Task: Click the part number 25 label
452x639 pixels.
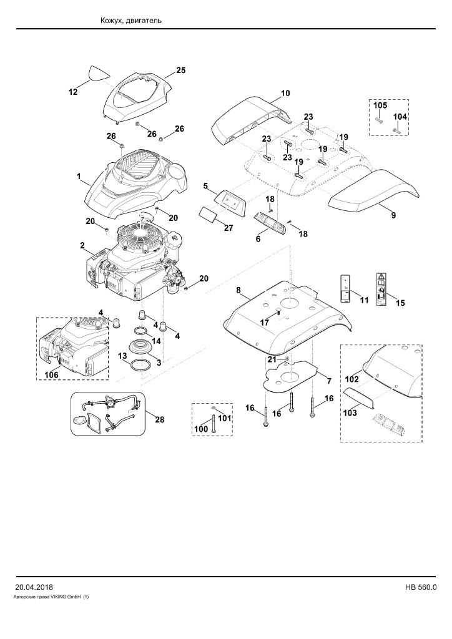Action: click(181, 70)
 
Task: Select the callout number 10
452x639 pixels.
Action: click(285, 93)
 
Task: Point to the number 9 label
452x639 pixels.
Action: click(393, 215)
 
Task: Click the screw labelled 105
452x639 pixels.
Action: click(378, 120)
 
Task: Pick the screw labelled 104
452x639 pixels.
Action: click(396, 131)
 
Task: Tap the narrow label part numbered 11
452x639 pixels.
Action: click(345, 289)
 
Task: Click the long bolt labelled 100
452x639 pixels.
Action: click(214, 423)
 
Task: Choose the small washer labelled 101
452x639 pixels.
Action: click(214, 408)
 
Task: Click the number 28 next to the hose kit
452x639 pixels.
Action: click(160, 419)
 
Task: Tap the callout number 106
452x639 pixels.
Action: click(52, 374)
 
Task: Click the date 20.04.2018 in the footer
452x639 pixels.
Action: click(34, 587)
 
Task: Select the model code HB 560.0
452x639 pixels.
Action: click(421, 587)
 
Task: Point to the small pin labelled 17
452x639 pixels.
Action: click(278, 312)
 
